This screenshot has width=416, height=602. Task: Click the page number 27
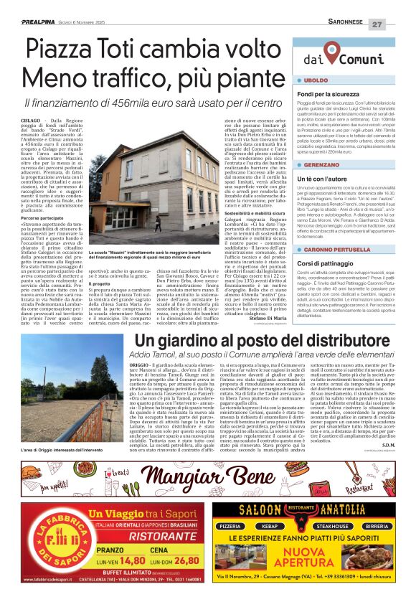397,23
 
